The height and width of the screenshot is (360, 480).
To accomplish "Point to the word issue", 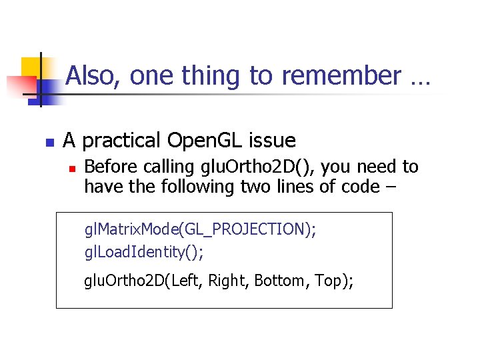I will pyautogui.click(x=272, y=141).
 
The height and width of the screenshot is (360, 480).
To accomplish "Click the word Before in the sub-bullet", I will pyautogui.click(x=109, y=166).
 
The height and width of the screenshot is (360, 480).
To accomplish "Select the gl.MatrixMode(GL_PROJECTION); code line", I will pyautogui.click(x=200, y=230).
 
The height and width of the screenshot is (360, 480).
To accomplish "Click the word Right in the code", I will pyautogui.click(x=227, y=281).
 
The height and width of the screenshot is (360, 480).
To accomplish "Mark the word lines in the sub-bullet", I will pyautogui.click(x=293, y=187).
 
